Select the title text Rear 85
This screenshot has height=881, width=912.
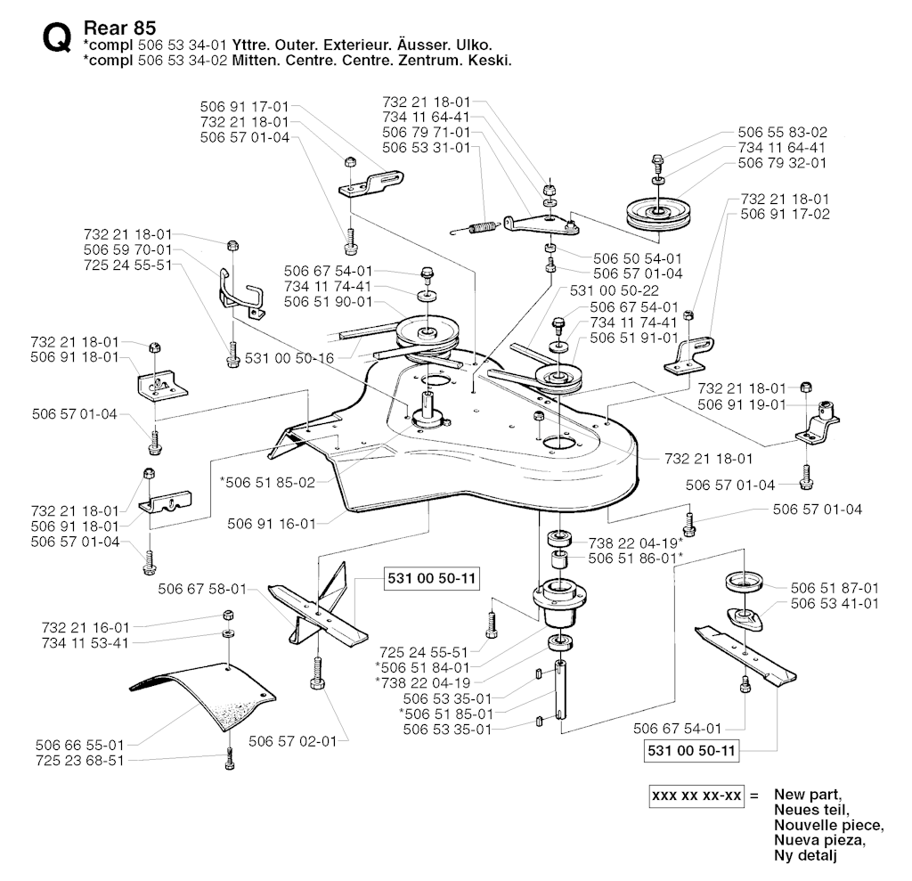pos(118,28)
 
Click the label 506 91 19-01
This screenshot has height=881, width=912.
pos(742,404)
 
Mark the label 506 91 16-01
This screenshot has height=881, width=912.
pos(272,524)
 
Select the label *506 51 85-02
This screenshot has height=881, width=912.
pos(267,482)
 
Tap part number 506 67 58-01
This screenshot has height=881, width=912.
pos(202,588)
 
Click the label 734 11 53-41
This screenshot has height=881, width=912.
pos(85,642)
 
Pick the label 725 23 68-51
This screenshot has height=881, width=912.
pos(80,760)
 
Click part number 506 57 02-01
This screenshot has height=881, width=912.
pos(293,740)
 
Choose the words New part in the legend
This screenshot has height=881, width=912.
pos(808,794)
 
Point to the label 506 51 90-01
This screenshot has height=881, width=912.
pos(329,302)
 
